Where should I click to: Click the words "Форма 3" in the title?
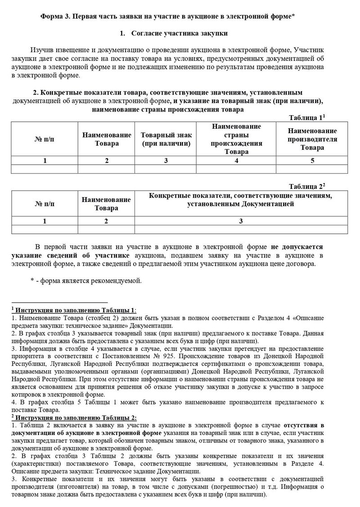(54, 17)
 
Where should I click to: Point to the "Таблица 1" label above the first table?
(306, 118)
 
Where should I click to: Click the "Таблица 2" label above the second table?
(306, 186)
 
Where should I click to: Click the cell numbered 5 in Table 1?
(312, 160)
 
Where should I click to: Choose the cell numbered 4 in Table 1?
(237, 160)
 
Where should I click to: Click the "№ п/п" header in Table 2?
(45, 204)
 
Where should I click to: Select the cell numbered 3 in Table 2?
(241, 221)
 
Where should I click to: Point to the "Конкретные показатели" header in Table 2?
(241, 200)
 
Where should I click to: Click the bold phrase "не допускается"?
(297, 247)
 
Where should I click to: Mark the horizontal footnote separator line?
(59, 302)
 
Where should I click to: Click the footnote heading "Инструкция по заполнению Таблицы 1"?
(74, 310)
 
